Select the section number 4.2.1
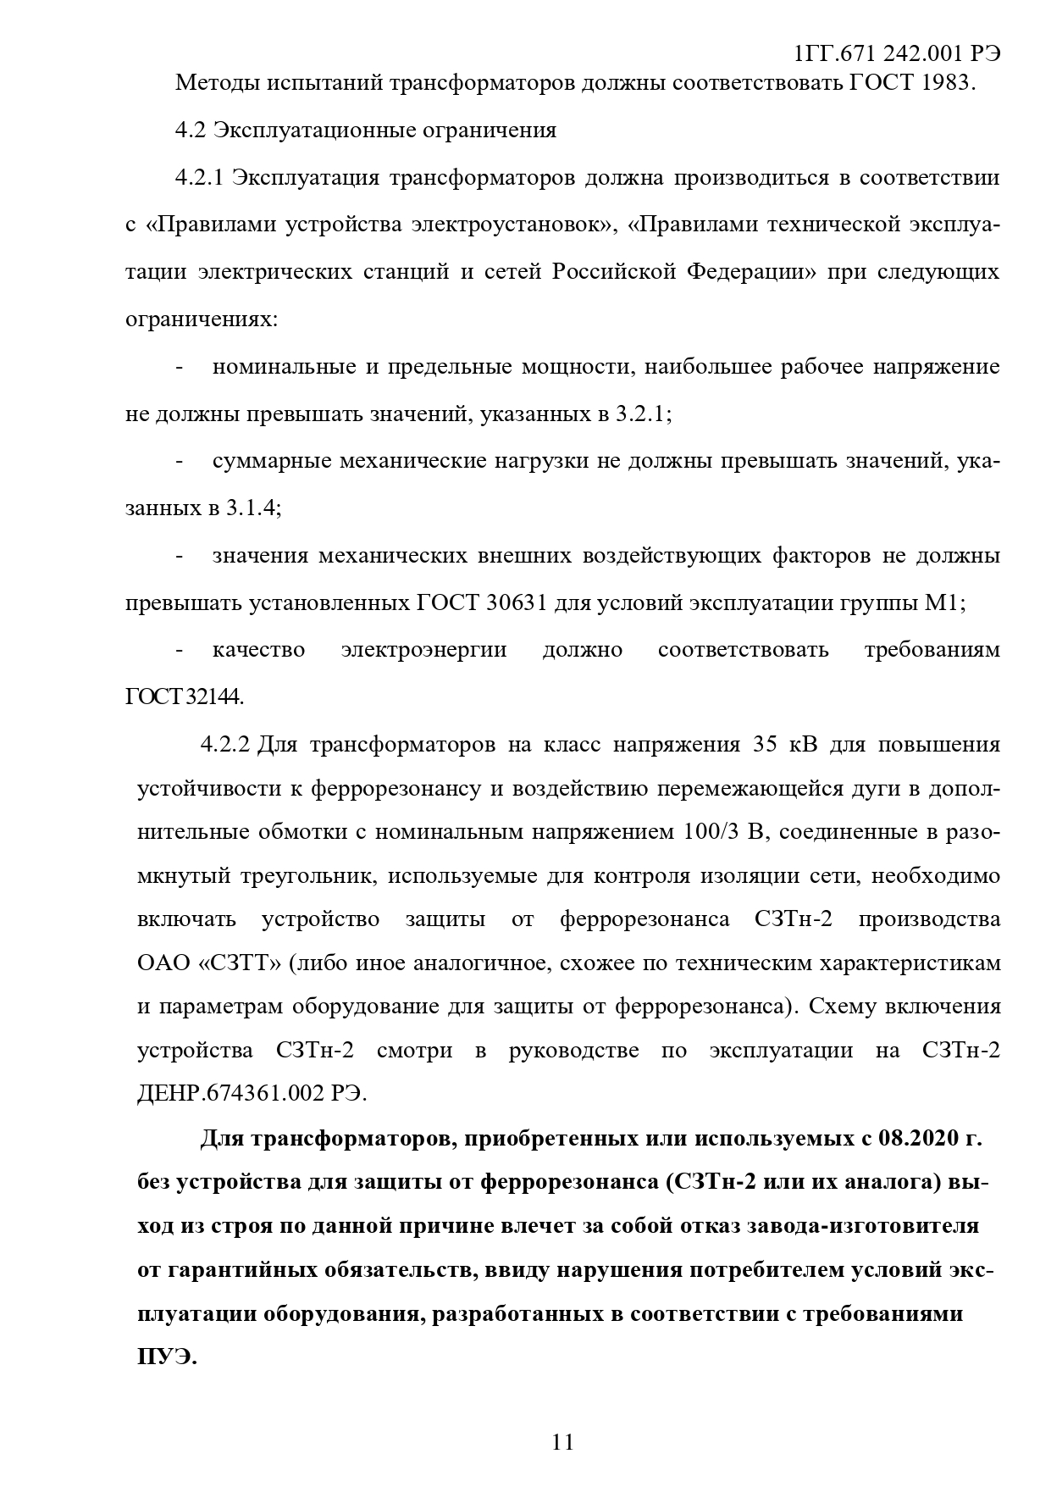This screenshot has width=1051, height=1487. (x=199, y=179)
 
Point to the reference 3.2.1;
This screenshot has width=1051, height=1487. (x=643, y=414)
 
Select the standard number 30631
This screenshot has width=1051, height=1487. (x=518, y=603)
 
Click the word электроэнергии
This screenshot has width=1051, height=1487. (x=423, y=651)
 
